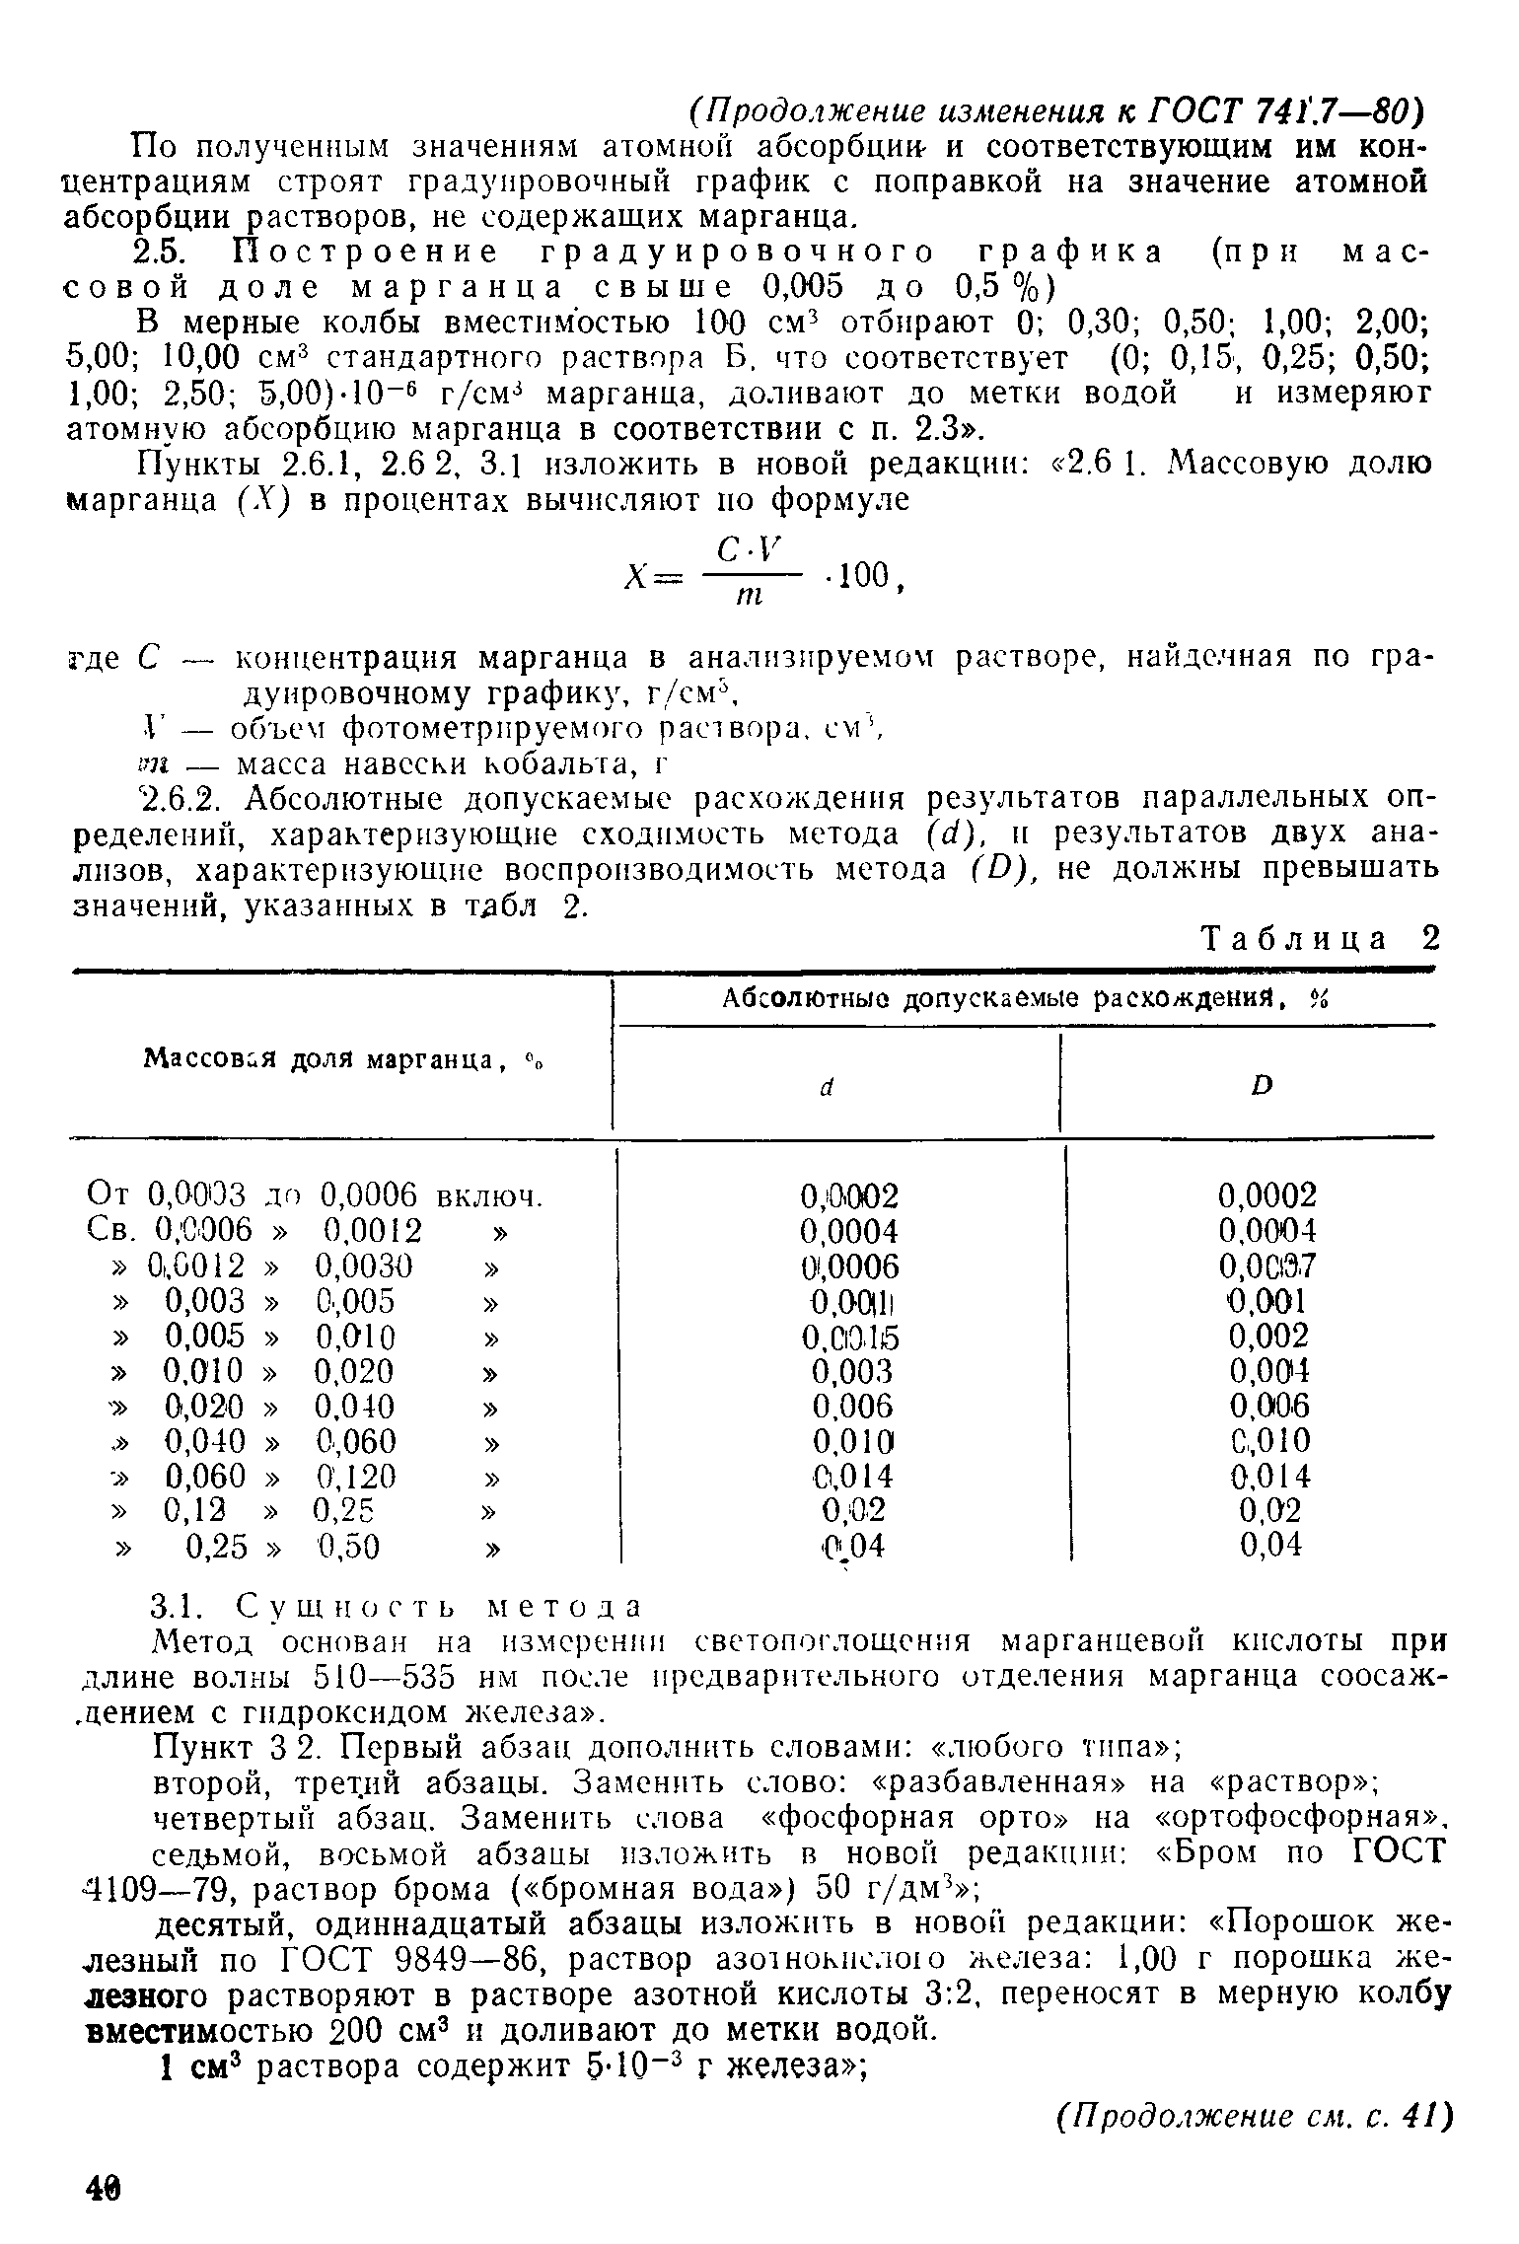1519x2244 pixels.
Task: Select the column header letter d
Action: [828, 1086]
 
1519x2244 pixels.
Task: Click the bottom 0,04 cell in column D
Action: [1270, 1545]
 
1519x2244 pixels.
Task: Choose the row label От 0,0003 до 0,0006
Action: [316, 1196]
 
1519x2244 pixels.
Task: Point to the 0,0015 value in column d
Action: [852, 1337]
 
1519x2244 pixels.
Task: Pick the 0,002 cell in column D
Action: [1268, 1337]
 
